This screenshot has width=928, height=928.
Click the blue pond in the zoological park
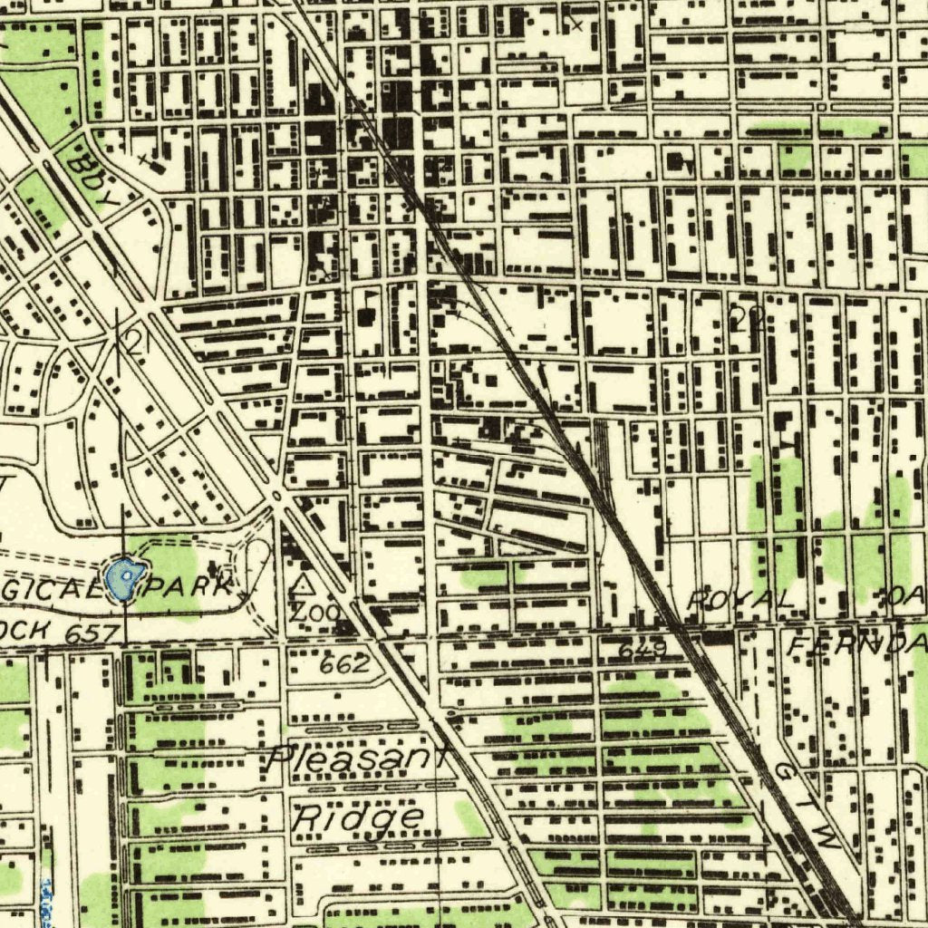(x=125, y=581)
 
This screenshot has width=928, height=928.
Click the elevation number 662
(x=344, y=664)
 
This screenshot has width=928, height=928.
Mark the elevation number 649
(x=643, y=649)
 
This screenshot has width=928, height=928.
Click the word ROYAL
(x=741, y=599)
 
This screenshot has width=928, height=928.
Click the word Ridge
(x=359, y=817)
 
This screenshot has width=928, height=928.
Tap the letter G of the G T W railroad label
(x=785, y=771)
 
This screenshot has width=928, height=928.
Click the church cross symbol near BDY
(x=148, y=161)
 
